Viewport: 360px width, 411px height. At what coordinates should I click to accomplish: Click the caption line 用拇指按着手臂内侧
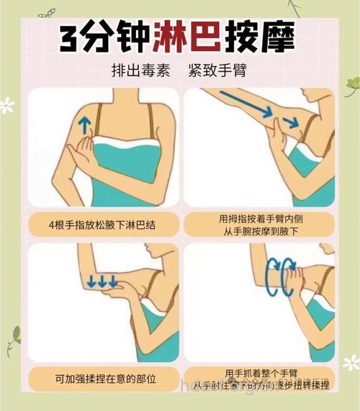coord(259,218)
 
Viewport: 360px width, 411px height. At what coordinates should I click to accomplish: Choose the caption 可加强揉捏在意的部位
coord(104,377)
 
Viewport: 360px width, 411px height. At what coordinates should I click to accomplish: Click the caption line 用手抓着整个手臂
coord(259,372)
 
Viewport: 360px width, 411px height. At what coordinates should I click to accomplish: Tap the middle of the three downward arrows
coord(102,281)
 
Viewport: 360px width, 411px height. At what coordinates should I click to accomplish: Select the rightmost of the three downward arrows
coord(113,281)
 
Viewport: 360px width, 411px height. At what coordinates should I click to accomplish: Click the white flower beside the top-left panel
coord(7,106)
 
